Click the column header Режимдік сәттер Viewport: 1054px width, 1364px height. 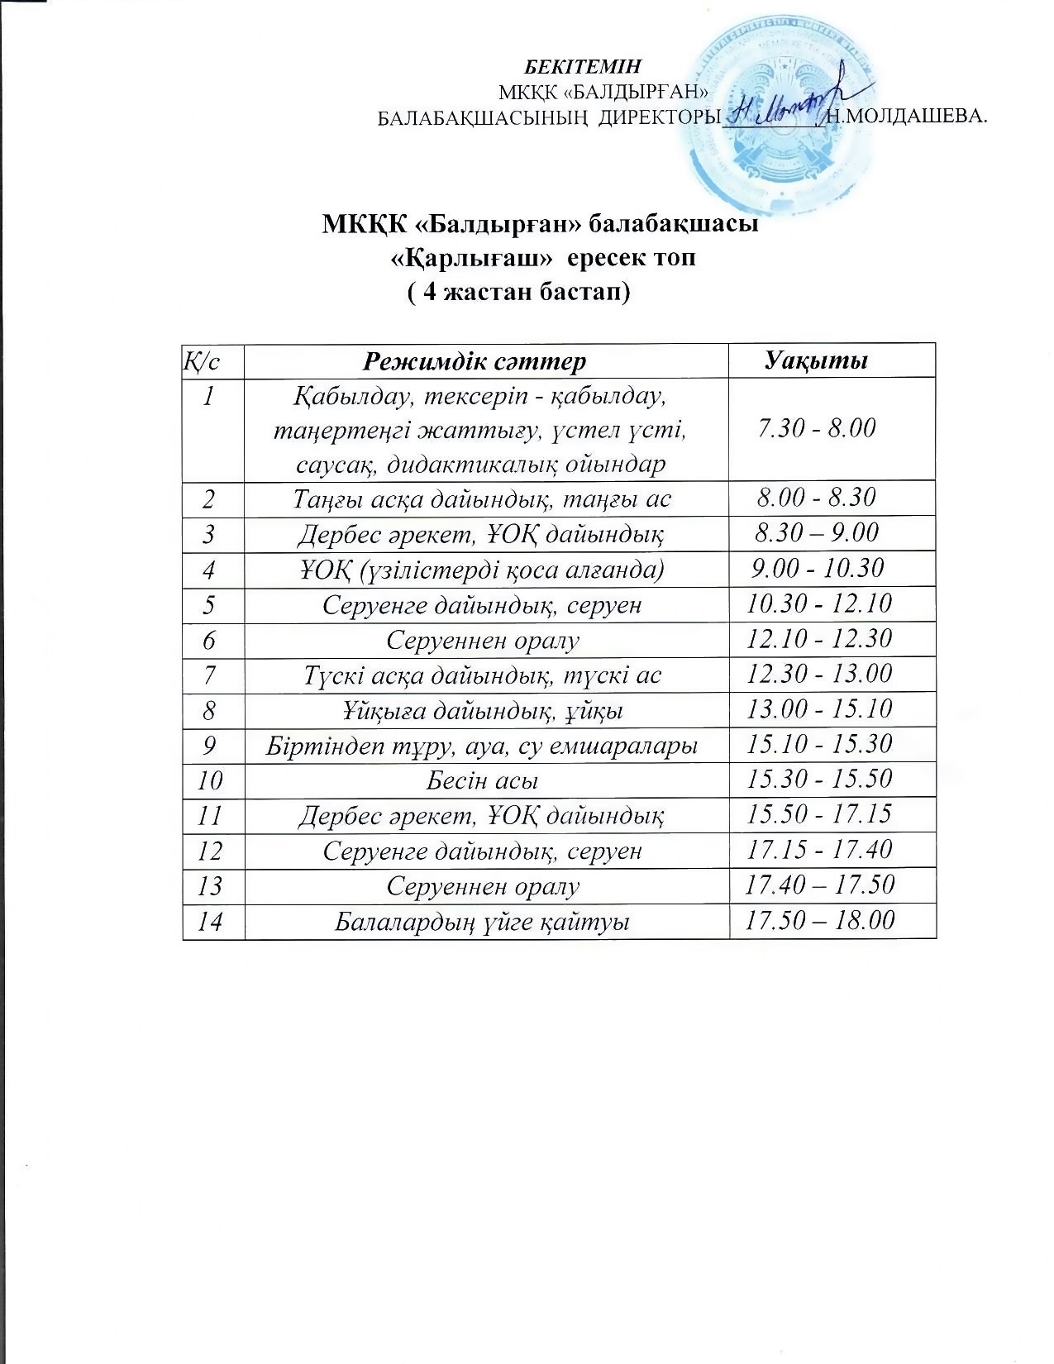[x=475, y=361]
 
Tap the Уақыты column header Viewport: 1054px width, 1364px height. [x=816, y=361]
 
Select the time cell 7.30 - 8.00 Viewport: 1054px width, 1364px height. [x=816, y=428]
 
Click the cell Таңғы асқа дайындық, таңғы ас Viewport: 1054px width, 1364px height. [x=483, y=498]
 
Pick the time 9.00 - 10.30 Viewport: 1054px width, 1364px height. [x=818, y=568]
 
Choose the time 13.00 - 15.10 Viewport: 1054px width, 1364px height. [x=819, y=709]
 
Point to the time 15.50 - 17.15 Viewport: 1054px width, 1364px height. [x=819, y=814]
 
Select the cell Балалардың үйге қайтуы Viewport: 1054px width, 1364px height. [x=483, y=921]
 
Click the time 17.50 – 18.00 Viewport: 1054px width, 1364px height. [x=819, y=921]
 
